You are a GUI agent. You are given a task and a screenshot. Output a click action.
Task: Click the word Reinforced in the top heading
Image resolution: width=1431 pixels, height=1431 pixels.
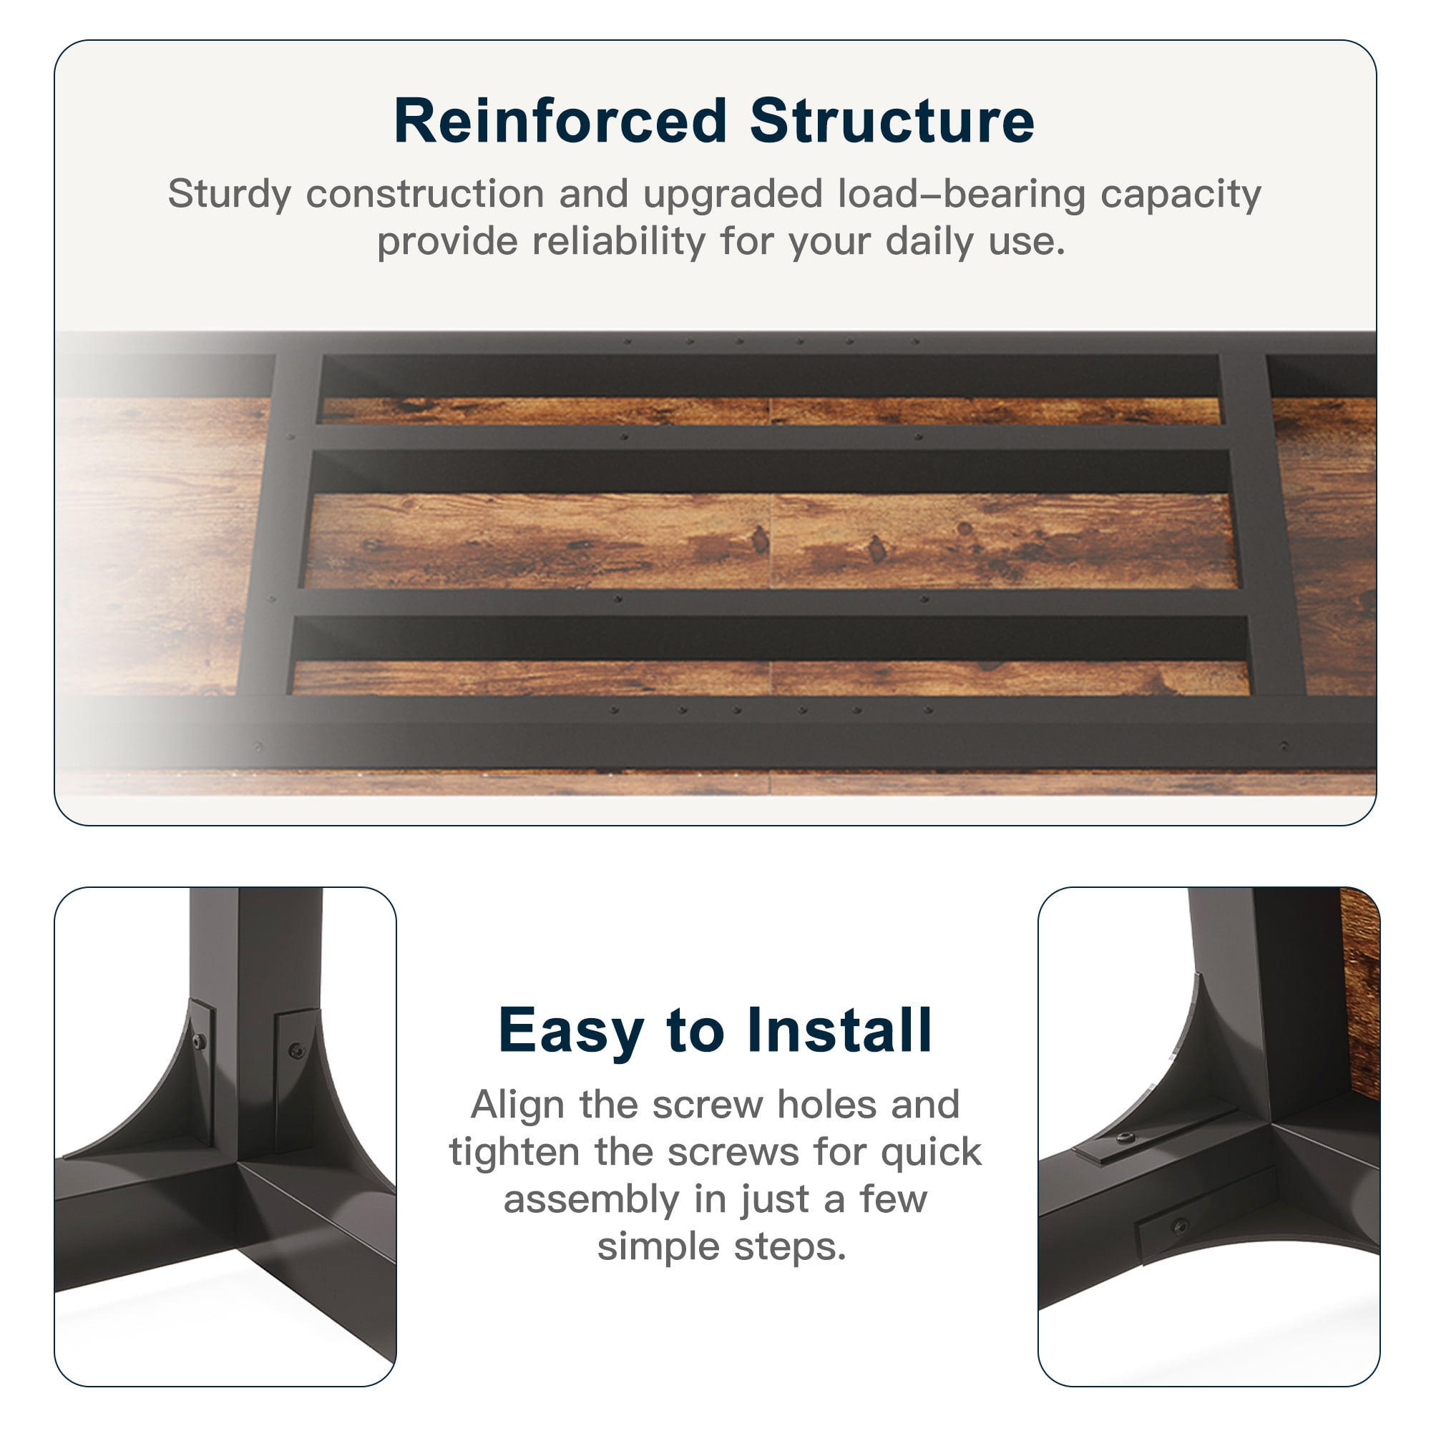(560, 121)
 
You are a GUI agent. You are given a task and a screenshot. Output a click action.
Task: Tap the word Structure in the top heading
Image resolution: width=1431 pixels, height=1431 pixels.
(892, 121)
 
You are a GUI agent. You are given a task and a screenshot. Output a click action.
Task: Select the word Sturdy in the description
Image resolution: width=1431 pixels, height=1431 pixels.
(229, 195)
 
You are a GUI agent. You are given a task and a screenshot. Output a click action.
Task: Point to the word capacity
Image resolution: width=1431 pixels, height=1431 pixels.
(1181, 195)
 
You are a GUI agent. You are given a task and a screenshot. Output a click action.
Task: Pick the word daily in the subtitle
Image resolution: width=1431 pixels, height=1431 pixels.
(929, 243)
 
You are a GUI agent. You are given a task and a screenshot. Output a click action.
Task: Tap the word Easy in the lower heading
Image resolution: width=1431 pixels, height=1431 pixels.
(571, 1032)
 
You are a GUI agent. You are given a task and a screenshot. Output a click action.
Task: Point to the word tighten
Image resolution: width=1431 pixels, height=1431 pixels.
(514, 1153)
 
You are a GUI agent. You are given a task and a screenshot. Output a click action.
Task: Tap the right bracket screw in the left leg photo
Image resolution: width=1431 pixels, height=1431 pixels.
(296, 1050)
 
